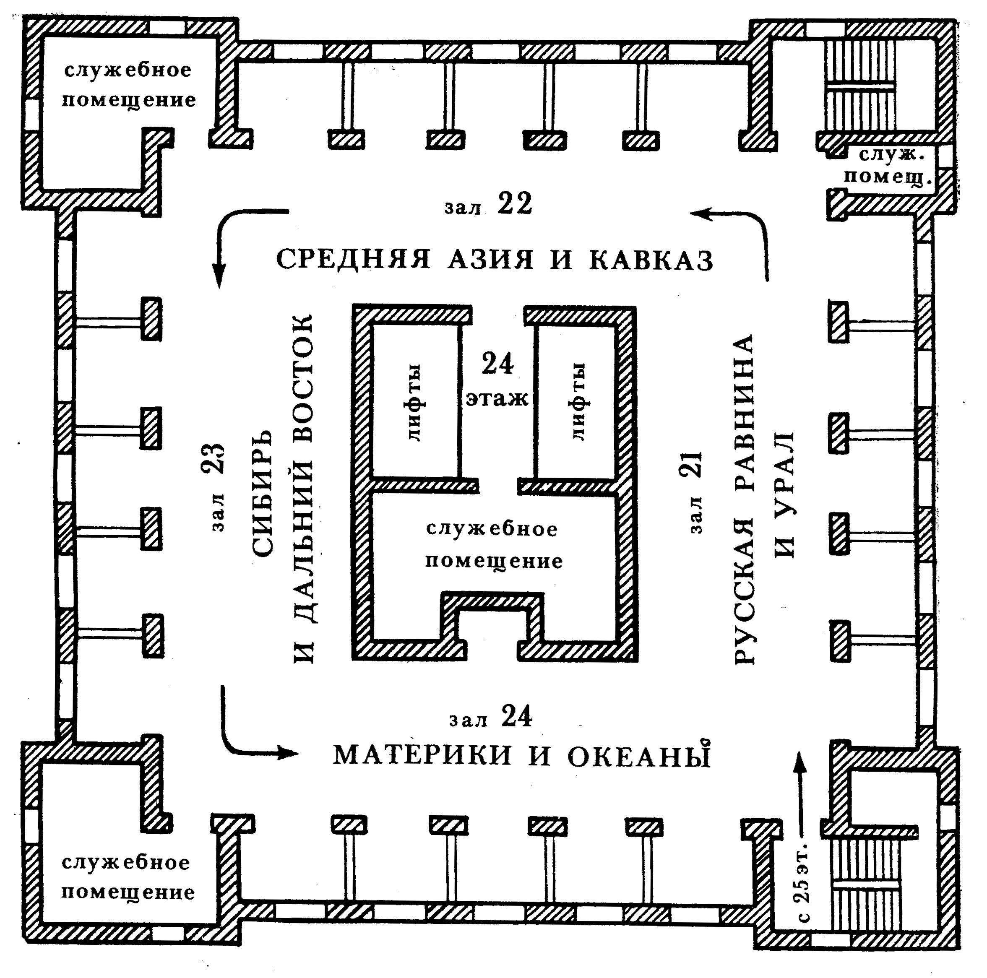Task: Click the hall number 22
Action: pos(515,203)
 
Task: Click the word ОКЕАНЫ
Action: pos(639,756)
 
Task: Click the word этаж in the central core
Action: pos(497,399)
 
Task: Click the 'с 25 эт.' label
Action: pos(804,881)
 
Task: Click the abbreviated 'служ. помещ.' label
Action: pos(888,166)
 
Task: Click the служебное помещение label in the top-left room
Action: pos(129,85)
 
